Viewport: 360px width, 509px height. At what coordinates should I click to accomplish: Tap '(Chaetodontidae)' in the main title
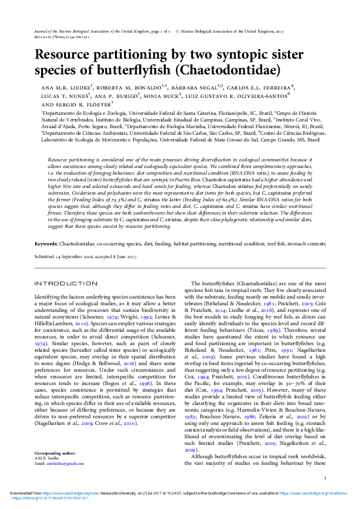224,71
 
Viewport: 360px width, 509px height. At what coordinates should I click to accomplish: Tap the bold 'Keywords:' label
46,244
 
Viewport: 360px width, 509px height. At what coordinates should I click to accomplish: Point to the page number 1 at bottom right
325,478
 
